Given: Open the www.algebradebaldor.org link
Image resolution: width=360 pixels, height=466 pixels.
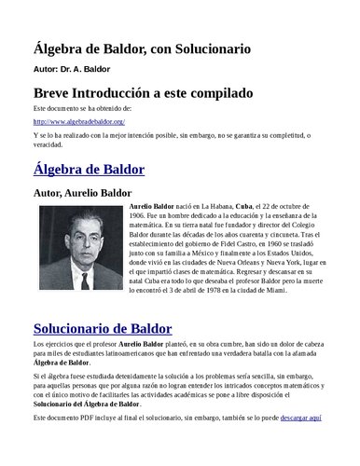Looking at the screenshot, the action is pos(79,122).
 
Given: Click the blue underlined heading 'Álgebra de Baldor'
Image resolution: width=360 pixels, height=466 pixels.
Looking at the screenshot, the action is pos(89,170).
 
